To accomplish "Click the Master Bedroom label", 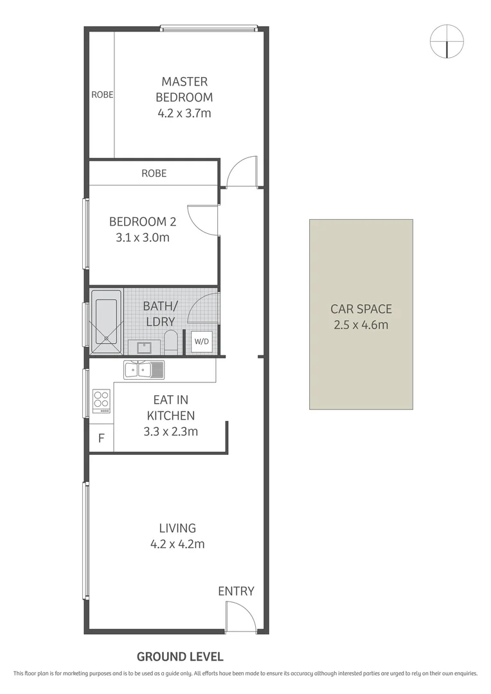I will [184, 89].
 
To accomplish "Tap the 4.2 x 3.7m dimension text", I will [184, 114].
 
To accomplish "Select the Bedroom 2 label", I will [143, 222].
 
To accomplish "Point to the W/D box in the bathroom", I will [201, 341].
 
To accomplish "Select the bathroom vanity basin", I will [144, 348].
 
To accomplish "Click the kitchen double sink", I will [145, 369].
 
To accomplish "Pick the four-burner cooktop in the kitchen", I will [102, 400].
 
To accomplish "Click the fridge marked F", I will [101, 440].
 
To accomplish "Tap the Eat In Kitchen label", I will [170, 407].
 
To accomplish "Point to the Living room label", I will [177, 528].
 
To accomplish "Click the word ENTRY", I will [236, 591].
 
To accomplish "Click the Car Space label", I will [361, 309].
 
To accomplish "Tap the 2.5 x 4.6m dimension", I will [361, 325].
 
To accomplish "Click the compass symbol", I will [446, 41].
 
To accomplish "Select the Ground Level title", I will [180, 657].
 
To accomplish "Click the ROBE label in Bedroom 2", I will [154, 173].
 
